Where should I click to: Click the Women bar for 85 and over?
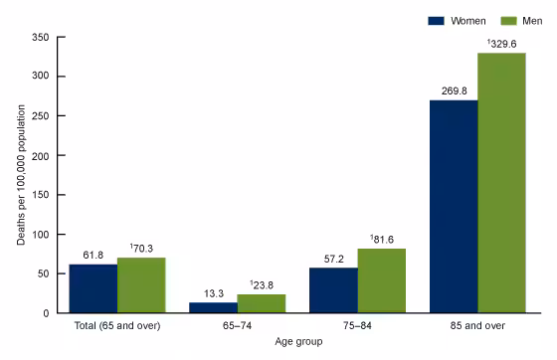click(x=454, y=207)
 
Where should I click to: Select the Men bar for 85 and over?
click(x=502, y=183)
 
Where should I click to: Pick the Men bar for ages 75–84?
click(x=382, y=280)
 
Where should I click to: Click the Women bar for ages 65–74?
click(x=213, y=307)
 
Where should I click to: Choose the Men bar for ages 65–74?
click(x=262, y=303)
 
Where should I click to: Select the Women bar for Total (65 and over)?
click(x=93, y=288)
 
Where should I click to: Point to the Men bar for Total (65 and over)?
click(x=141, y=285)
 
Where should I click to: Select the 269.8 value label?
click(x=454, y=90)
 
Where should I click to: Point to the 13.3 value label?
click(x=213, y=292)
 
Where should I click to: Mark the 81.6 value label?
click(x=383, y=239)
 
